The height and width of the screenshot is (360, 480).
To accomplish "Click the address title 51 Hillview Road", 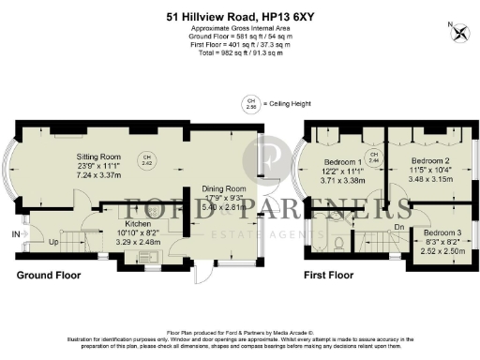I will tap(239, 15).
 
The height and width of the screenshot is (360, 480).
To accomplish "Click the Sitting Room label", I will tap(100, 157).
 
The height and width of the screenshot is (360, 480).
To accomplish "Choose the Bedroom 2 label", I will tap(430, 159).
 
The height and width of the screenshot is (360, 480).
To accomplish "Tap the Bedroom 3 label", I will tap(442, 232).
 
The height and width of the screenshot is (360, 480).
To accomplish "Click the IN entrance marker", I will tap(15, 233).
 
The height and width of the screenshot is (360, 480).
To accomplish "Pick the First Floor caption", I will tap(328, 276).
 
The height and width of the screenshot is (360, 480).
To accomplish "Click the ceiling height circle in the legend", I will tap(250, 103).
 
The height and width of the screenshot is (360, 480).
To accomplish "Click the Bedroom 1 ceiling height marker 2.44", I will tap(373, 157).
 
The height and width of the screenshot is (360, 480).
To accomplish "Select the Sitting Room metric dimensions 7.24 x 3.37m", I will tap(100, 174).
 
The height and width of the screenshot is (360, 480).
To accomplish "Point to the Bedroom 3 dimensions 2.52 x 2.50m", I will tap(442, 250).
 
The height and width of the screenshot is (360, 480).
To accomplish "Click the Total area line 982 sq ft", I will tap(239, 52).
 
